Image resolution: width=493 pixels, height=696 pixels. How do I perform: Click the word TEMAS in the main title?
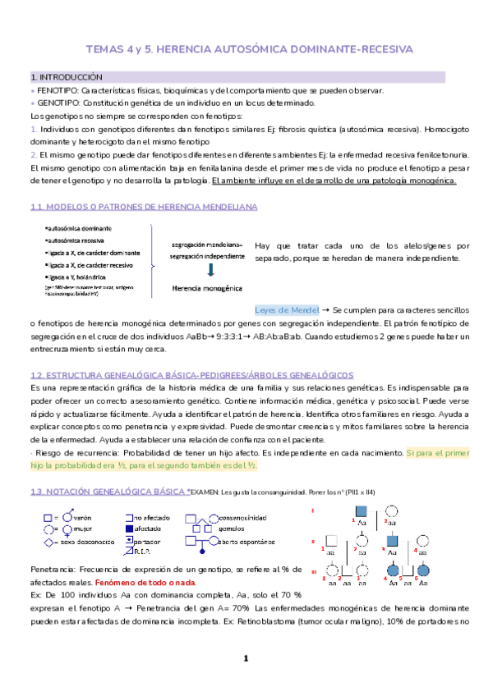coord(105,49)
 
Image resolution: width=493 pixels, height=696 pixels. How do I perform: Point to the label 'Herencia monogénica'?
coord(206,289)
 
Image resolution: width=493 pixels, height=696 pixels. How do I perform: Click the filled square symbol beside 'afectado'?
coord(129,530)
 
